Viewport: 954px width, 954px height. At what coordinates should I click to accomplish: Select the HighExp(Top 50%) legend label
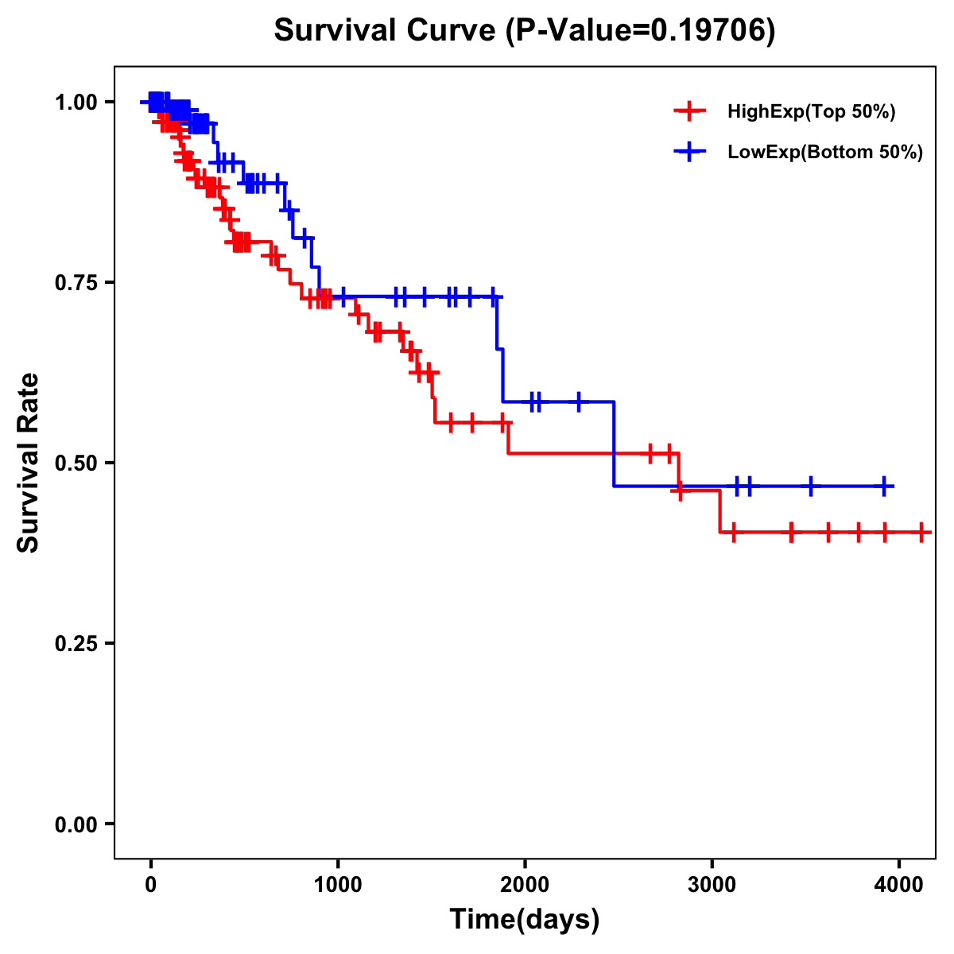811,112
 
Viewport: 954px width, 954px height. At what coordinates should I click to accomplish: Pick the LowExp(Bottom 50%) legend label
824,153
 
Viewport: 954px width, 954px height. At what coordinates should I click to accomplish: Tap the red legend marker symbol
689,112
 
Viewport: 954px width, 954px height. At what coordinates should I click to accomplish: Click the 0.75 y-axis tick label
76,283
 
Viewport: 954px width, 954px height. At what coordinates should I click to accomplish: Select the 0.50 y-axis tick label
76,463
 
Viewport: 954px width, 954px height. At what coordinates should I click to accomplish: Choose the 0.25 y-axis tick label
76,644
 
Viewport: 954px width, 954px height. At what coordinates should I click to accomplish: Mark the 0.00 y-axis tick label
76,824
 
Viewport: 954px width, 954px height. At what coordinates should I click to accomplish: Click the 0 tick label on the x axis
150,885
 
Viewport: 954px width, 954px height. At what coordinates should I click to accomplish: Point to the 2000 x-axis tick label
525,885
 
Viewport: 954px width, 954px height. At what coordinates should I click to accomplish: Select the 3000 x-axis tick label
712,885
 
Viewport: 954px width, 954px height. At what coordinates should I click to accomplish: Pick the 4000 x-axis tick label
898,885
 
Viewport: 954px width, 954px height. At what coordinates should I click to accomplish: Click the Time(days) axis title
525,920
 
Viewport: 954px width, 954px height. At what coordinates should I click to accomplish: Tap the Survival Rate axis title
29,463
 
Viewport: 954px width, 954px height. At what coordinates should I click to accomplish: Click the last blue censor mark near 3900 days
884,486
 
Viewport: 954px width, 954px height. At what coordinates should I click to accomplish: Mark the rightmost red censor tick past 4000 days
921,532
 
